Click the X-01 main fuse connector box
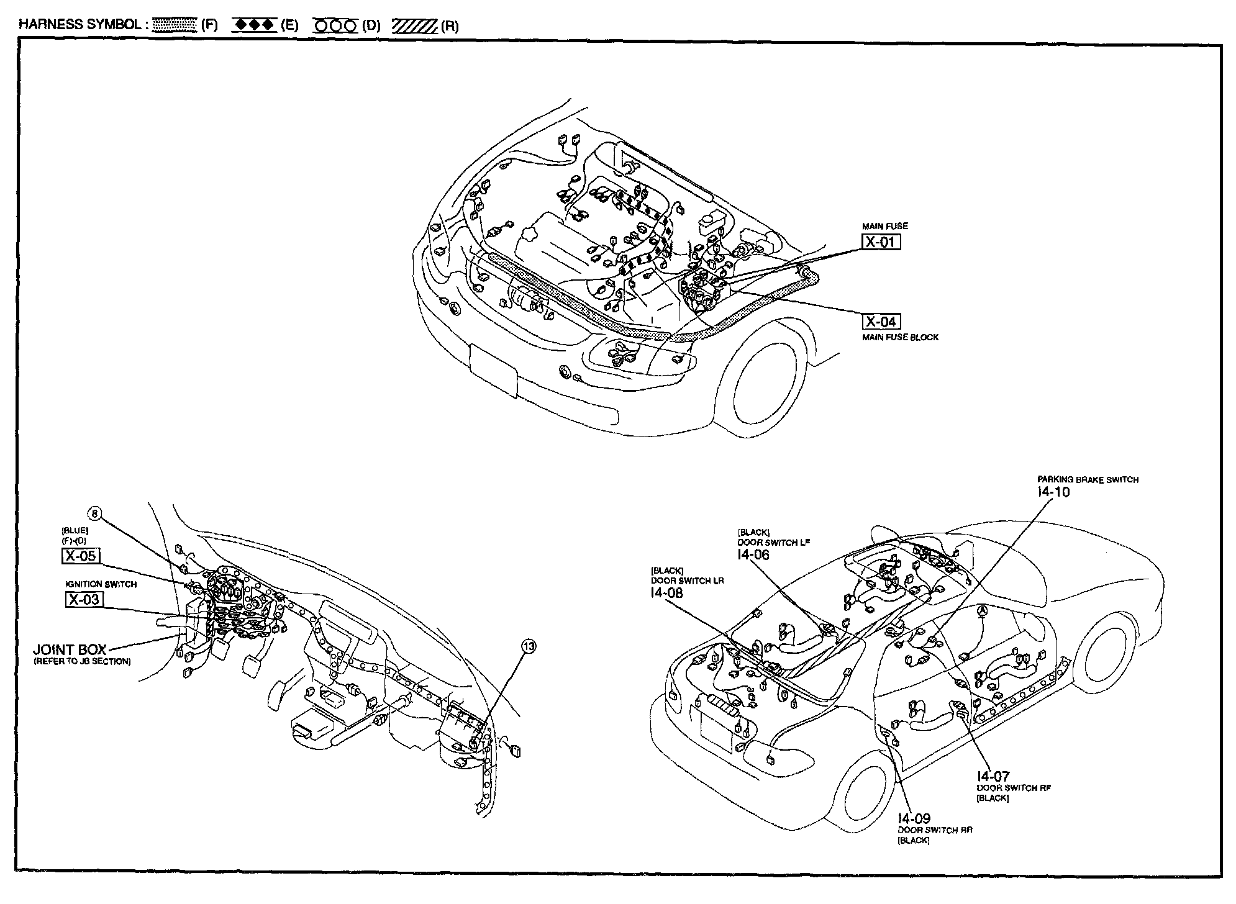pyautogui.click(x=881, y=242)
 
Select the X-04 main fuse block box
pyautogui.click(x=881, y=321)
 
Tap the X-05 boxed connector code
pyautogui.click(x=81, y=555)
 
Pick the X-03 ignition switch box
pyautogui.click(x=84, y=599)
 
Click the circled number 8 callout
pyautogui.click(x=95, y=513)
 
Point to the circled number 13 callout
pyautogui.click(x=529, y=647)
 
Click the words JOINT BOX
pyautogui.click(x=70, y=649)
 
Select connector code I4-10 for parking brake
pyautogui.click(x=1053, y=492)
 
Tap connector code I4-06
pyautogui.click(x=753, y=554)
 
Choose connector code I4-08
pyautogui.click(x=666, y=593)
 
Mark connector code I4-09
pyautogui.click(x=914, y=819)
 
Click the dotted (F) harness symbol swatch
pyautogui.click(x=174, y=25)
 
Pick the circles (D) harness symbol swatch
pyautogui.click(x=335, y=26)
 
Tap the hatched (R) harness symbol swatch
pyautogui.click(x=415, y=26)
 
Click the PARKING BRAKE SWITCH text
pyautogui.click(x=1088, y=480)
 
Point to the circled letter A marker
pyautogui.click(x=982, y=611)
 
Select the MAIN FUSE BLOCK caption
pyautogui.click(x=900, y=337)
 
